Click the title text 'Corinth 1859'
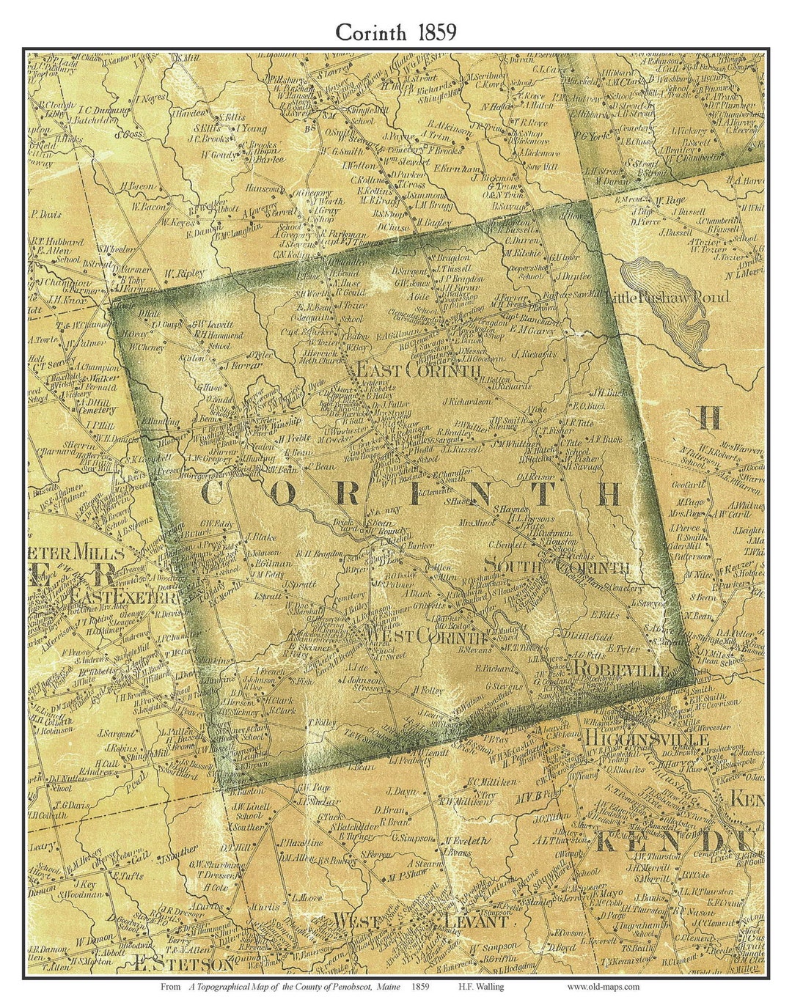pyautogui.click(x=396, y=32)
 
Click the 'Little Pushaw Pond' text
pyautogui.click(x=668, y=298)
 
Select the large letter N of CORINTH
pyautogui.click(x=485, y=494)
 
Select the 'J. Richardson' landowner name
pyautogui.click(x=467, y=402)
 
